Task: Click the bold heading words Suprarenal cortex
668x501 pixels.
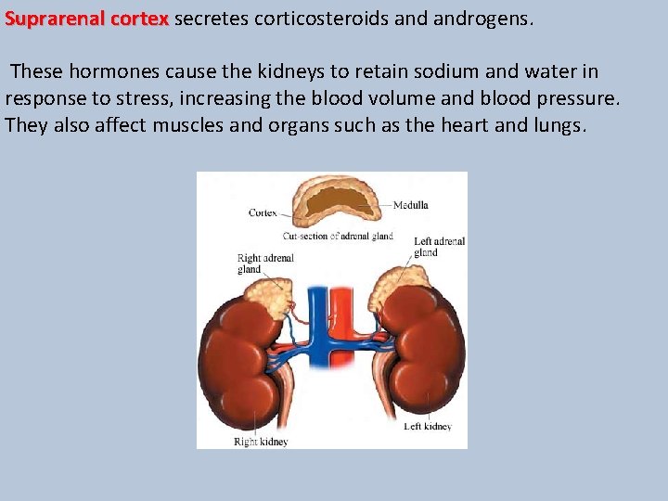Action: (86, 19)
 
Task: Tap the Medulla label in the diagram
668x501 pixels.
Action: (410, 205)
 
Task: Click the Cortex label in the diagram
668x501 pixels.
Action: (263, 212)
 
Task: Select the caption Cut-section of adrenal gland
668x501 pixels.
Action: (338, 236)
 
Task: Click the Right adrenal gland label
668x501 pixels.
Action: (264, 264)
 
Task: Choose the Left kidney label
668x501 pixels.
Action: (428, 427)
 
